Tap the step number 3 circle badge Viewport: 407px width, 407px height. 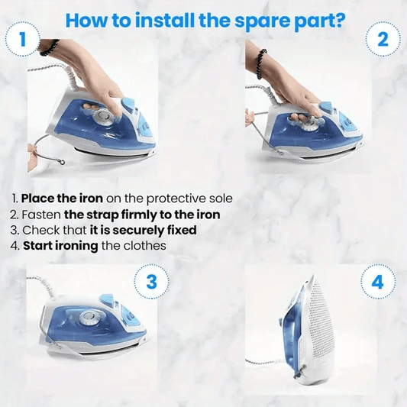coord(151,282)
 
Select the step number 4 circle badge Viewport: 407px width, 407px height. coord(377,282)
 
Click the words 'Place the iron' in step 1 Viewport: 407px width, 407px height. coord(60,199)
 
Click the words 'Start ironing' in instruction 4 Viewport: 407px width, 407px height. coord(62,246)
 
